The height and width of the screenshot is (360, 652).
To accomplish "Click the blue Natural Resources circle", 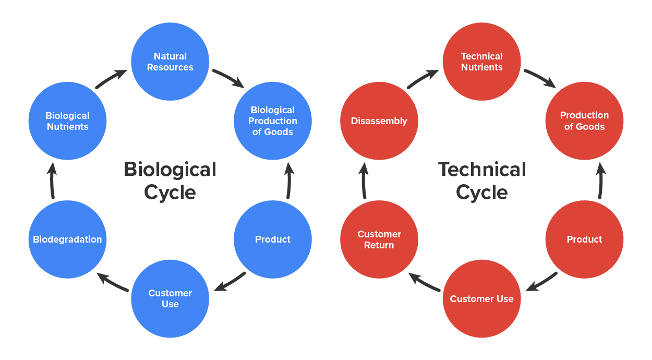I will pyautogui.click(x=170, y=62).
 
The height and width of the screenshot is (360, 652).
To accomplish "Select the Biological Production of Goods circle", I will pyautogui.click(x=273, y=121).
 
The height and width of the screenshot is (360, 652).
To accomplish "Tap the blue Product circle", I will pyautogui.click(x=273, y=239).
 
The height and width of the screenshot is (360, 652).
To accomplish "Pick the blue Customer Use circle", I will pyautogui.click(x=170, y=298).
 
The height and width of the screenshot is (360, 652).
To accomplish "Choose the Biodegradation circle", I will pyautogui.click(x=67, y=239).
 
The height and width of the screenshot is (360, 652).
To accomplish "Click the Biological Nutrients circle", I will pyautogui.click(x=67, y=121).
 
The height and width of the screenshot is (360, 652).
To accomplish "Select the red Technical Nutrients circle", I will pyautogui.click(x=482, y=62).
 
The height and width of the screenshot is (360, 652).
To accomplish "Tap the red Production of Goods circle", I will pyautogui.click(x=584, y=121).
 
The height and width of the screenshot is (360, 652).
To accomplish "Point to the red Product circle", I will pyautogui.click(x=584, y=239).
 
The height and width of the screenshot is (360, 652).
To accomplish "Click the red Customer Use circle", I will pyautogui.click(x=482, y=299).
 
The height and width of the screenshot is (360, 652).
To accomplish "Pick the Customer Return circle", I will pyautogui.click(x=379, y=239).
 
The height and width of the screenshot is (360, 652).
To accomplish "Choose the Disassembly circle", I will pyautogui.click(x=379, y=121).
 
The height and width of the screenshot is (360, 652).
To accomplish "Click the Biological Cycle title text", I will pyautogui.click(x=170, y=181).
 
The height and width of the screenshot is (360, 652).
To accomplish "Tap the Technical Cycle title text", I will pyautogui.click(x=482, y=181).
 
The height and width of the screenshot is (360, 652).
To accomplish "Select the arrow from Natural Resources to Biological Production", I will pyautogui.click(x=228, y=78).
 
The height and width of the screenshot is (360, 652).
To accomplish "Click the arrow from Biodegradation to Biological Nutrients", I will pyautogui.click(x=51, y=181).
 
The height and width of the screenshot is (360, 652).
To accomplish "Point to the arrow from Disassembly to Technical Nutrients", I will pyautogui.click(x=423, y=79).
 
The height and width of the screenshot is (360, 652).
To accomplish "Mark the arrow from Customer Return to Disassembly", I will pyautogui.click(x=364, y=181).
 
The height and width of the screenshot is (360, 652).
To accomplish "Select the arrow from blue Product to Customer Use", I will pyautogui.click(x=230, y=282).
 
